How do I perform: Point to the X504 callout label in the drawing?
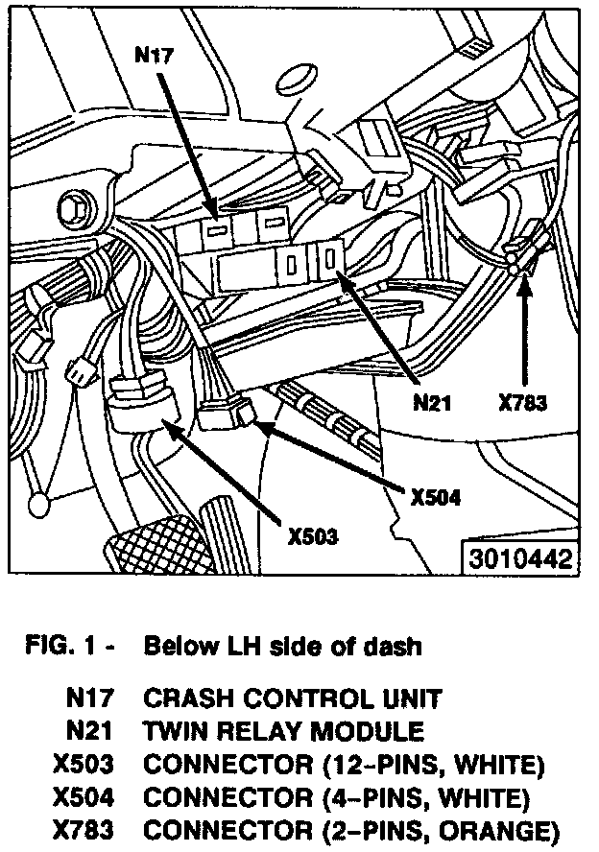click(435, 498)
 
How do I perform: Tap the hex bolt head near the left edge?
click(71, 206)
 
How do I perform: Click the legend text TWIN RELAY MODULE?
click(283, 732)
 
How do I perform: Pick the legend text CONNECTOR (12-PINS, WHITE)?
click(344, 765)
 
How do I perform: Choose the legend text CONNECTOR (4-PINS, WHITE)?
click(336, 797)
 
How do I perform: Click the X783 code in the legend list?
click(85, 831)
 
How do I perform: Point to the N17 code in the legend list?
click(93, 698)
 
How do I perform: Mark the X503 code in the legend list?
click(85, 765)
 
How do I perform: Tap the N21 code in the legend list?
click(93, 732)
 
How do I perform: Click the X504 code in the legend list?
click(85, 797)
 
